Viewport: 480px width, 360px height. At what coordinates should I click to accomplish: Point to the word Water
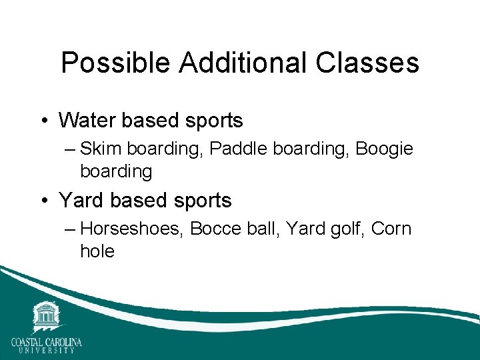click(85, 121)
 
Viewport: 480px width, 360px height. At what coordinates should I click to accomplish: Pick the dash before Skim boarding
click(71, 149)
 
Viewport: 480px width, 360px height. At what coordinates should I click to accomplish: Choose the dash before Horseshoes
click(71, 229)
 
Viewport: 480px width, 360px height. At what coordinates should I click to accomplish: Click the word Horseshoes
click(132, 229)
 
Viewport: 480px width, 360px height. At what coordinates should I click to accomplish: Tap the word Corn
click(391, 229)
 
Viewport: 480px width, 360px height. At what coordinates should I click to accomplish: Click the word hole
click(97, 251)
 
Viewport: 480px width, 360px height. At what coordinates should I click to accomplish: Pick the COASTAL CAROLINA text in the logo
click(46, 343)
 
